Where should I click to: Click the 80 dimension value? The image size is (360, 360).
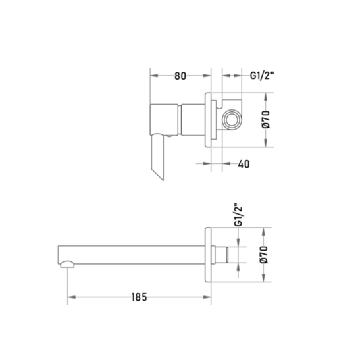[180, 76]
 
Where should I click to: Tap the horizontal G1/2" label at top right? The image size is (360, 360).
[262, 75]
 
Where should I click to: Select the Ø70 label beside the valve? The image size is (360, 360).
[266, 120]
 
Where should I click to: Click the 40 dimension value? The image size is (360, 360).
[244, 164]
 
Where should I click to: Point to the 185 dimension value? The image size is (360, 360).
[139, 297]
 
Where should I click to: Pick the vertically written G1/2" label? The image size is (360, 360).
[239, 215]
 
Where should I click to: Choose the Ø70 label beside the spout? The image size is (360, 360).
[264, 255]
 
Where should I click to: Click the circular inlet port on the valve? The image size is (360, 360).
[232, 120]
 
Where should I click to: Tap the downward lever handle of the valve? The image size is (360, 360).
[157, 157]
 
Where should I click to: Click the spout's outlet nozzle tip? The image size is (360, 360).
[68, 265]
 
